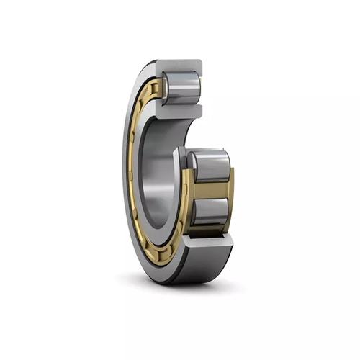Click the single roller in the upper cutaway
[181, 87]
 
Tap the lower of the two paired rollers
[211, 211]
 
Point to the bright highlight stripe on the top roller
[184, 81]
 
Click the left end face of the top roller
[166, 87]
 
